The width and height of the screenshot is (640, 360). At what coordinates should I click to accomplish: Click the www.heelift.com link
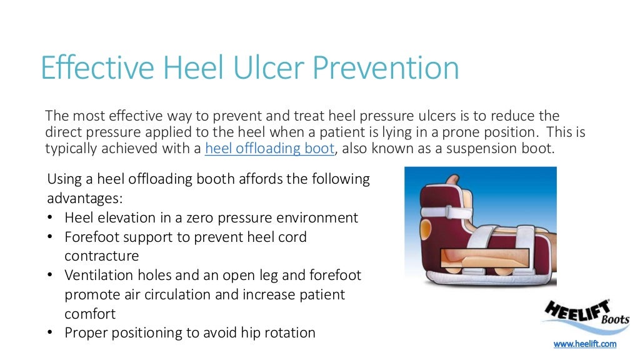pos(585,344)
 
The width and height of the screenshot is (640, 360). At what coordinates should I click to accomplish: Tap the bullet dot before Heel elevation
pos(51,218)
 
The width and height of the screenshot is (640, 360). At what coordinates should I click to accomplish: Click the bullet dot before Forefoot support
pos(51,237)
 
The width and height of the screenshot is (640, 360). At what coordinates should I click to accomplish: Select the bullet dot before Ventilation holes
pos(51,276)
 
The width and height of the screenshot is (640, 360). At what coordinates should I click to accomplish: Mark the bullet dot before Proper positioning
pos(51,333)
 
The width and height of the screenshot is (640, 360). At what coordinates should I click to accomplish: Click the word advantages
pos(84,199)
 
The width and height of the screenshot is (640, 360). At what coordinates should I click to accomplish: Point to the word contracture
pos(101,256)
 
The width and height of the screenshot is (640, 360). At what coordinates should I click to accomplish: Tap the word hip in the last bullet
pos(251,333)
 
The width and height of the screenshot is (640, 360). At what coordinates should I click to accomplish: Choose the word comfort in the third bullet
pos(90,314)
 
